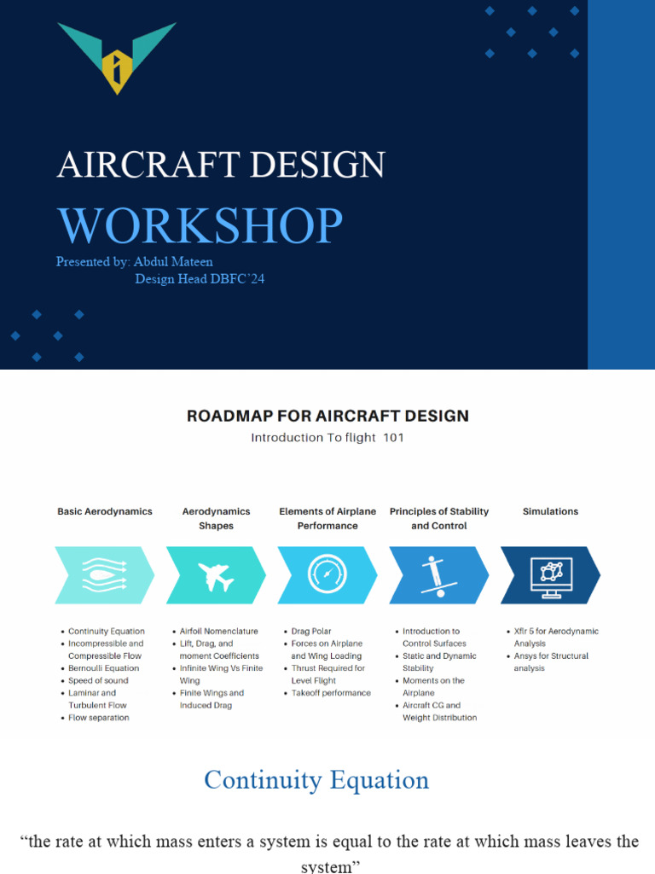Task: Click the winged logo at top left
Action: click(x=117, y=57)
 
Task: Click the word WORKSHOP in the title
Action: click(x=200, y=225)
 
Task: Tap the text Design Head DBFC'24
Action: click(x=200, y=279)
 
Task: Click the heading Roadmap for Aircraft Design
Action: click(x=327, y=417)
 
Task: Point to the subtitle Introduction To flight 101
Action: click(x=327, y=438)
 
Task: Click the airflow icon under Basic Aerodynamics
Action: click(x=104, y=575)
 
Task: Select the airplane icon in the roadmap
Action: click(x=215, y=575)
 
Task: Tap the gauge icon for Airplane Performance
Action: click(x=327, y=575)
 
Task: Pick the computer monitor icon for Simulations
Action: click(x=550, y=575)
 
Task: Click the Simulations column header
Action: click(x=550, y=511)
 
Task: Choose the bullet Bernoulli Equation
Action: click(x=103, y=668)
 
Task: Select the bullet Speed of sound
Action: click(x=98, y=681)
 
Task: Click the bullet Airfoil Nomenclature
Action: click(x=218, y=632)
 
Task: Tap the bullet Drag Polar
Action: click(x=312, y=632)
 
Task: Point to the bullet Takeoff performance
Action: click(x=331, y=693)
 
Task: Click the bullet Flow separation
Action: click(x=99, y=718)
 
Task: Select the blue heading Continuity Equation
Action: click(x=316, y=780)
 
